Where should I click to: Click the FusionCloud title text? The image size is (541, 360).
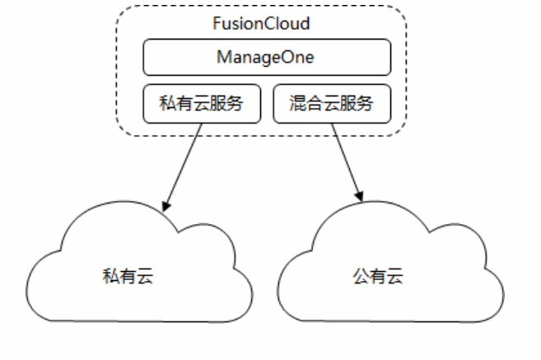[x=261, y=23]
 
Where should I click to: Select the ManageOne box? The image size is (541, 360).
[x=267, y=58]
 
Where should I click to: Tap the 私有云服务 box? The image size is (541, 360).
[x=202, y=104]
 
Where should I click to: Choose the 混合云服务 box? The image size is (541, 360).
[x=332, y=104]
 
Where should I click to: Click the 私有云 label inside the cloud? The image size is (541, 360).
[x=128, y=276]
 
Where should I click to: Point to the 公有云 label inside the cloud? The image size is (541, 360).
[x=378, y=276]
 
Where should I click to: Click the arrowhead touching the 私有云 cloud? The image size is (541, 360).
[x=166, y=207]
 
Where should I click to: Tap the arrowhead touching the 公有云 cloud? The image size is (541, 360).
[x=359, y=197]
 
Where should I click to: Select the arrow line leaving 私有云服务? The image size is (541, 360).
[x=183, y=167]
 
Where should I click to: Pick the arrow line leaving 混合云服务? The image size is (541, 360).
[x=347, y=162]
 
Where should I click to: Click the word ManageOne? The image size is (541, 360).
[x=265, y=58]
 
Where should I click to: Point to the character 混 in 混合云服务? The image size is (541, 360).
[x=298, y=103]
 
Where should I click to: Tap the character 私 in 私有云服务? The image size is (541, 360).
[x=167, y=103]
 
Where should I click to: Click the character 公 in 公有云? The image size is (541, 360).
[x=361, y=276]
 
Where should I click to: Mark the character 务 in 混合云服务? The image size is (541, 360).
[x=365, y=103]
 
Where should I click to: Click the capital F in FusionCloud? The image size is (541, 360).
[x=217, y=23]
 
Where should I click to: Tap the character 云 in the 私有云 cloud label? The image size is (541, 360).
[x=145, y=276]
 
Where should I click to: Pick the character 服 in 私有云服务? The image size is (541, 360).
[x=217, y=103]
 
